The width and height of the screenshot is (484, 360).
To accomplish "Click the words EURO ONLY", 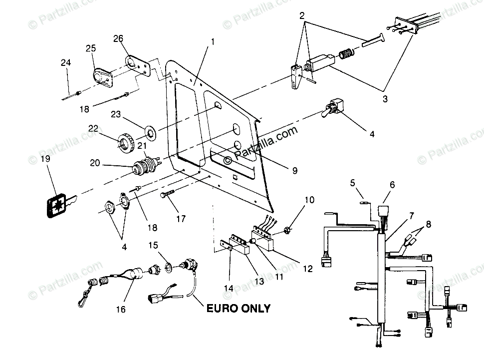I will (239, 308).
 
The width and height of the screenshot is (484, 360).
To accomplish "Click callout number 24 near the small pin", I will (66, 62).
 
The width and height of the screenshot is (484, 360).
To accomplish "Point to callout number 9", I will (294, 171).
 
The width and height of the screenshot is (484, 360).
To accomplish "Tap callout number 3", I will (385, 99).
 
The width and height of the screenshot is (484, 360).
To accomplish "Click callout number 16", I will (120, 310).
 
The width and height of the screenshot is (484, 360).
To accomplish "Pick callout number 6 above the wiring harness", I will (392, 184).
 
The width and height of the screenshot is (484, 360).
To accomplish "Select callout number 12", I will (307, 269).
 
